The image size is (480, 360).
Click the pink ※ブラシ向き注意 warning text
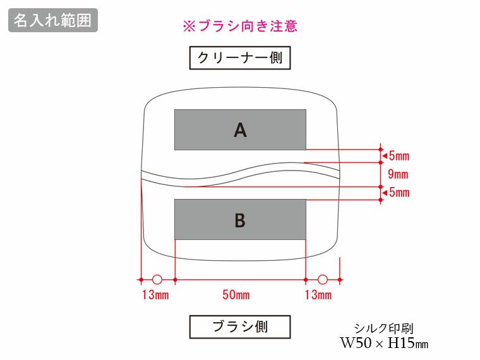(239, 27)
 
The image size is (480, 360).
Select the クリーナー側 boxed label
(240, 59)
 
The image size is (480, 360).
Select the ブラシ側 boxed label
(240, 327)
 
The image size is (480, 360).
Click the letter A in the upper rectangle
(240, 130)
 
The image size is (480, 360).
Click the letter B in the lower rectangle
(240, 220)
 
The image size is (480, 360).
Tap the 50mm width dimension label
(239, 295)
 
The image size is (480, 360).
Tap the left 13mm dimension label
(155, 295)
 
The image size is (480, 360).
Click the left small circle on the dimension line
(157, 279)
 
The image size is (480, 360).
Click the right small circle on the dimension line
(323, 279)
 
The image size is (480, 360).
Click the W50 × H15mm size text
(384, 344)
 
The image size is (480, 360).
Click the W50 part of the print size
(355, 344)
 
